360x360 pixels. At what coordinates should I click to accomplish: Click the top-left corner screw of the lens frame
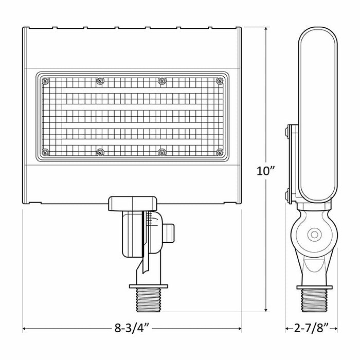pos(45,80)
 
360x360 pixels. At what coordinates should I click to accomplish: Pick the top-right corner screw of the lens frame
pos(220,80)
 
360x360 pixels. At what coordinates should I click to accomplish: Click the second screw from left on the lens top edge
pos(100,80)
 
